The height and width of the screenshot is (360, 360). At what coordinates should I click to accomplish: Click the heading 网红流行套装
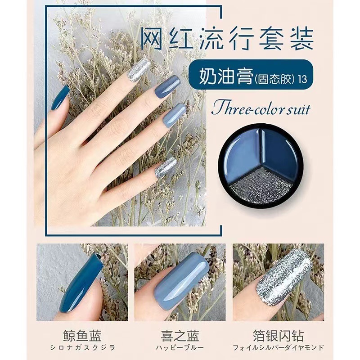pos(227,39)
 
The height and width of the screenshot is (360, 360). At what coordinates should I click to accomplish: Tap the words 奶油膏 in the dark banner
pos(226,76)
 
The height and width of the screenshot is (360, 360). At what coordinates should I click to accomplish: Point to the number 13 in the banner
pos(302,79)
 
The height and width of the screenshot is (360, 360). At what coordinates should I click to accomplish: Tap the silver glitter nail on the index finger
pos(138,69)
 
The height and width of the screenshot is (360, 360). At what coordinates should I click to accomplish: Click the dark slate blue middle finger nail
pos(167,88)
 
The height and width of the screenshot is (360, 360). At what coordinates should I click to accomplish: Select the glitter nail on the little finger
pos(165,167)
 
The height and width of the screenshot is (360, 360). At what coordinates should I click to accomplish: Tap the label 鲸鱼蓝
pos(82,335)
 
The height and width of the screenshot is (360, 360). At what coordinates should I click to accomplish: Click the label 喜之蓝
pos(180,335)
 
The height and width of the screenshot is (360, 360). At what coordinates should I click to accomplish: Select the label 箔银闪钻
pos(278,335)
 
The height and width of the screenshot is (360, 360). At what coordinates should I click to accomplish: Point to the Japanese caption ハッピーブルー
pos(180,347)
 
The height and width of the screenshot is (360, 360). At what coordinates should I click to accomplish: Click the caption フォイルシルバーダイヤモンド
pos(278,347)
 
